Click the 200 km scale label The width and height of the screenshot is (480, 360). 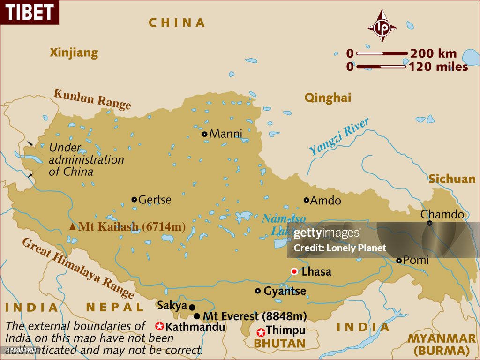point(433,53)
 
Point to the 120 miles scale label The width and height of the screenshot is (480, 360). point(438,67)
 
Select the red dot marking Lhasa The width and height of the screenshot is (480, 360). point(294,271)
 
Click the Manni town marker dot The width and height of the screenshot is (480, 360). point(204,134)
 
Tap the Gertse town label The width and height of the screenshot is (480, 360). point(155,200)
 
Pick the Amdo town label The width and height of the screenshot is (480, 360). point(326,201)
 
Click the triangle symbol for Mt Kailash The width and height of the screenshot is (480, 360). point(73,227)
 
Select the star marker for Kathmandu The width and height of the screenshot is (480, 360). point(159,326)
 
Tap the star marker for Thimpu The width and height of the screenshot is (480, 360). point(261,332)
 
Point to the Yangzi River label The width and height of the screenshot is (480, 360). point(339,136)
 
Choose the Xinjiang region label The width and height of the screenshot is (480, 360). point(74,52)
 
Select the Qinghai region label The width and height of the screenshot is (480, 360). point(328,97)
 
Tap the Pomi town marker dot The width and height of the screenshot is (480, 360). point(399,261)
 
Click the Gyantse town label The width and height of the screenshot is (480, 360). point(285,291)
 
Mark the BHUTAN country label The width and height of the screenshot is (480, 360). point(279,344)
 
